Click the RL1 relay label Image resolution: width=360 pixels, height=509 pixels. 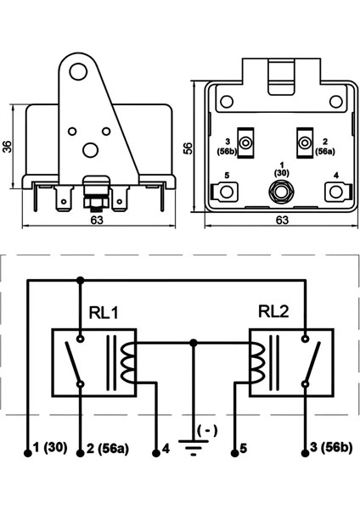click(104, 312)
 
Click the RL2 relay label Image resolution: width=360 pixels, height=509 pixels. click(273, 311)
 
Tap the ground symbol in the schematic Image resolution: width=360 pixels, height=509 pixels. click(194, 447)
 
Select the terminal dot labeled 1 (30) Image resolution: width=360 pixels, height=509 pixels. click(28, 453)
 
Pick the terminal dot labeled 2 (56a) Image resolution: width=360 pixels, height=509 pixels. click(81, 453)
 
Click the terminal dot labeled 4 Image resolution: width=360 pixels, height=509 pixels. click(156, 453)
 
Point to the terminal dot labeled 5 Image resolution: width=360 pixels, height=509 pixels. click(235, 453)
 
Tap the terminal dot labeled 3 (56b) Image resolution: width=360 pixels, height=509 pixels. click(305, 453)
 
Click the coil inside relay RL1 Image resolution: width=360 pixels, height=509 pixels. click(128, 362)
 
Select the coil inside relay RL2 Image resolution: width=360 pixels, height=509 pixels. click(256, 362)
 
